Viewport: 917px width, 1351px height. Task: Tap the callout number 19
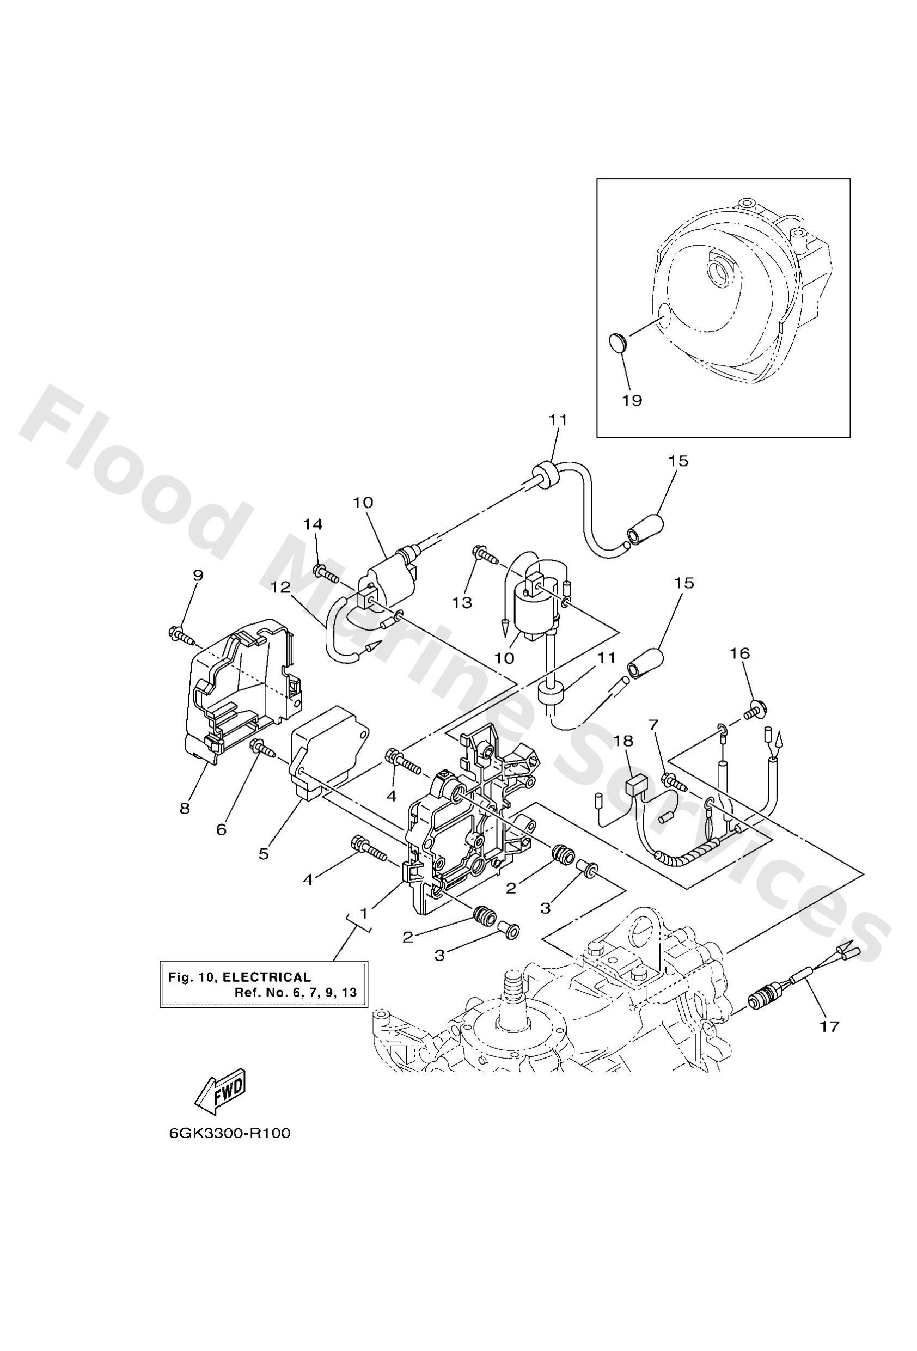tap(632, 401)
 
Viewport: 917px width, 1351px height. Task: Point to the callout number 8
tap(185, 808)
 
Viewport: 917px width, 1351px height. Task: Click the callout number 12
tap(280, 588)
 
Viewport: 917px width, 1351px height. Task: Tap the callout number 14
tap(312, 524)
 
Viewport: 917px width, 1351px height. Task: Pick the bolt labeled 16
tap(755, 708)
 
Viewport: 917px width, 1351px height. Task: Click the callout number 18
tap(628, 741)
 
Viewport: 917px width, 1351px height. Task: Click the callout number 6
tap(221, 829)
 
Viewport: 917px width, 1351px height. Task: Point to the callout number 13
tap(463, 603)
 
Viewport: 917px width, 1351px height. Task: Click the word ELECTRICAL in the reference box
tap(267, 977)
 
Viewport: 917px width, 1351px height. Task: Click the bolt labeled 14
tap(327, 573)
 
